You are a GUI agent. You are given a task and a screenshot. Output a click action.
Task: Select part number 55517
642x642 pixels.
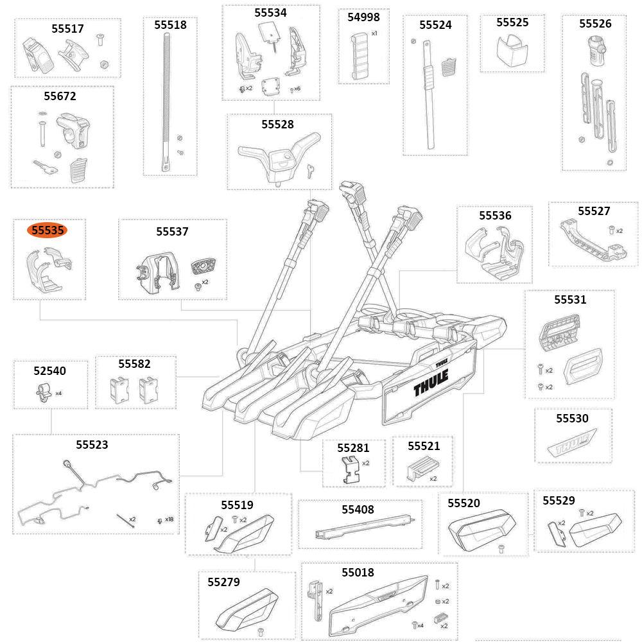67,29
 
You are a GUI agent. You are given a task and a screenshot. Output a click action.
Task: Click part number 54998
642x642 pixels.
363,17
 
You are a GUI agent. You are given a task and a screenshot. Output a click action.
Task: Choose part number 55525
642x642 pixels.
512,22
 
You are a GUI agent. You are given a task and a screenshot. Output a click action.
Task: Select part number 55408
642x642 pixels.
358,510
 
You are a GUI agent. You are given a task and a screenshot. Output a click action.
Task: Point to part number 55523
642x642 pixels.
92,444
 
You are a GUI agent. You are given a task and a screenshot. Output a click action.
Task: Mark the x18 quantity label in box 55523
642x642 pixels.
169,519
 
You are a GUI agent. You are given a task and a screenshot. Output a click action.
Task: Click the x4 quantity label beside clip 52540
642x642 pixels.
58,393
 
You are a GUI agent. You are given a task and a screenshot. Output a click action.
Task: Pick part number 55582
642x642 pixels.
135,364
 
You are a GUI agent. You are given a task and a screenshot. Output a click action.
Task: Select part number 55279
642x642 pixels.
223,582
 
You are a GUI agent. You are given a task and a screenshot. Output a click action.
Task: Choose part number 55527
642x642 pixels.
594,211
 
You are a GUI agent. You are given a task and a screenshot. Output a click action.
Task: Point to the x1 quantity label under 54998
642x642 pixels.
374,33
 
